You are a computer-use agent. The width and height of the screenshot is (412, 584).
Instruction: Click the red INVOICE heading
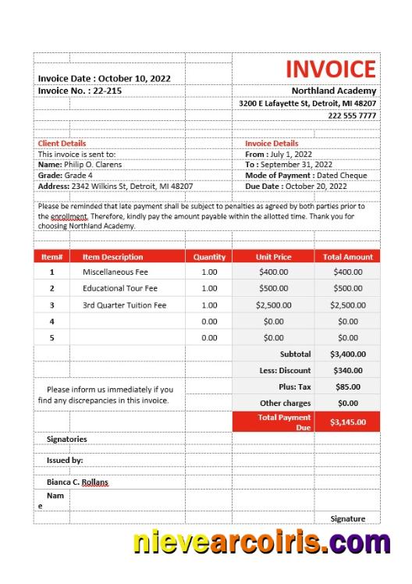pyautogui.click(x=330, y=69)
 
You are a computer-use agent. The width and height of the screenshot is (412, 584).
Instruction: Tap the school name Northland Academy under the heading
pyautogui.click(x=334, y=91)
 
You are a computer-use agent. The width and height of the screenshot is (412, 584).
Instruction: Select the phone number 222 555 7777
pyautogui.click(x=352, y=116)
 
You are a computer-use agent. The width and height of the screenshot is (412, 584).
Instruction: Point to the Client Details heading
pyautogui.click(x=62, y=144)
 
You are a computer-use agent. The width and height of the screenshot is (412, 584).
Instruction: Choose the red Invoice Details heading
pyautogui.click(x=272, y=144)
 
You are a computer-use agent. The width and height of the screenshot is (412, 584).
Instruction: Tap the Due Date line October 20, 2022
pyautogui.click(x=296, y=187)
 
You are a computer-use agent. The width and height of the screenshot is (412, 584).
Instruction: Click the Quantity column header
pyautogui.click(x=209, y=257)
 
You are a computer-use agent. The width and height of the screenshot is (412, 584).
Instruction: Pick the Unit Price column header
pyautogui.click(x=273, y=257)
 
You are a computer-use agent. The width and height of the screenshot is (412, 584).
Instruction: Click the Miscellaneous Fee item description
pyautogui.click(x=115, y=272)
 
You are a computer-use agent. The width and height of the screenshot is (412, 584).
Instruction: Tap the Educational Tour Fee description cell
pyautogui.click(x=120, y=289)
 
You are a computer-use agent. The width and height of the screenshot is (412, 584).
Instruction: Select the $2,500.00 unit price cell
pyautogui.click(x=273, y=305)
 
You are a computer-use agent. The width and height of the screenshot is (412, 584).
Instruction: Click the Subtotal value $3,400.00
pyautogui.click(x=347, y=354)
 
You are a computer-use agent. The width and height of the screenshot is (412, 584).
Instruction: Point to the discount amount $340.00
pyautogui.click(x=347, y=371)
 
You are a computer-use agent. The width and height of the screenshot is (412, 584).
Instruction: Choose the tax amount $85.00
pyautogui.click(x=347, y=387)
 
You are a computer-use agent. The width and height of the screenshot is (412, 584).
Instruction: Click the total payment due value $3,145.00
pyautogui.click(x=347, y=422)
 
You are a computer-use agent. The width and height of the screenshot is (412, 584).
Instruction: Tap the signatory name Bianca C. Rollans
pyautogui.click(x=77, y=483)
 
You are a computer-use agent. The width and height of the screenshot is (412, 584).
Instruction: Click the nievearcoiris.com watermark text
pyautogui.click(x=261, y=541)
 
